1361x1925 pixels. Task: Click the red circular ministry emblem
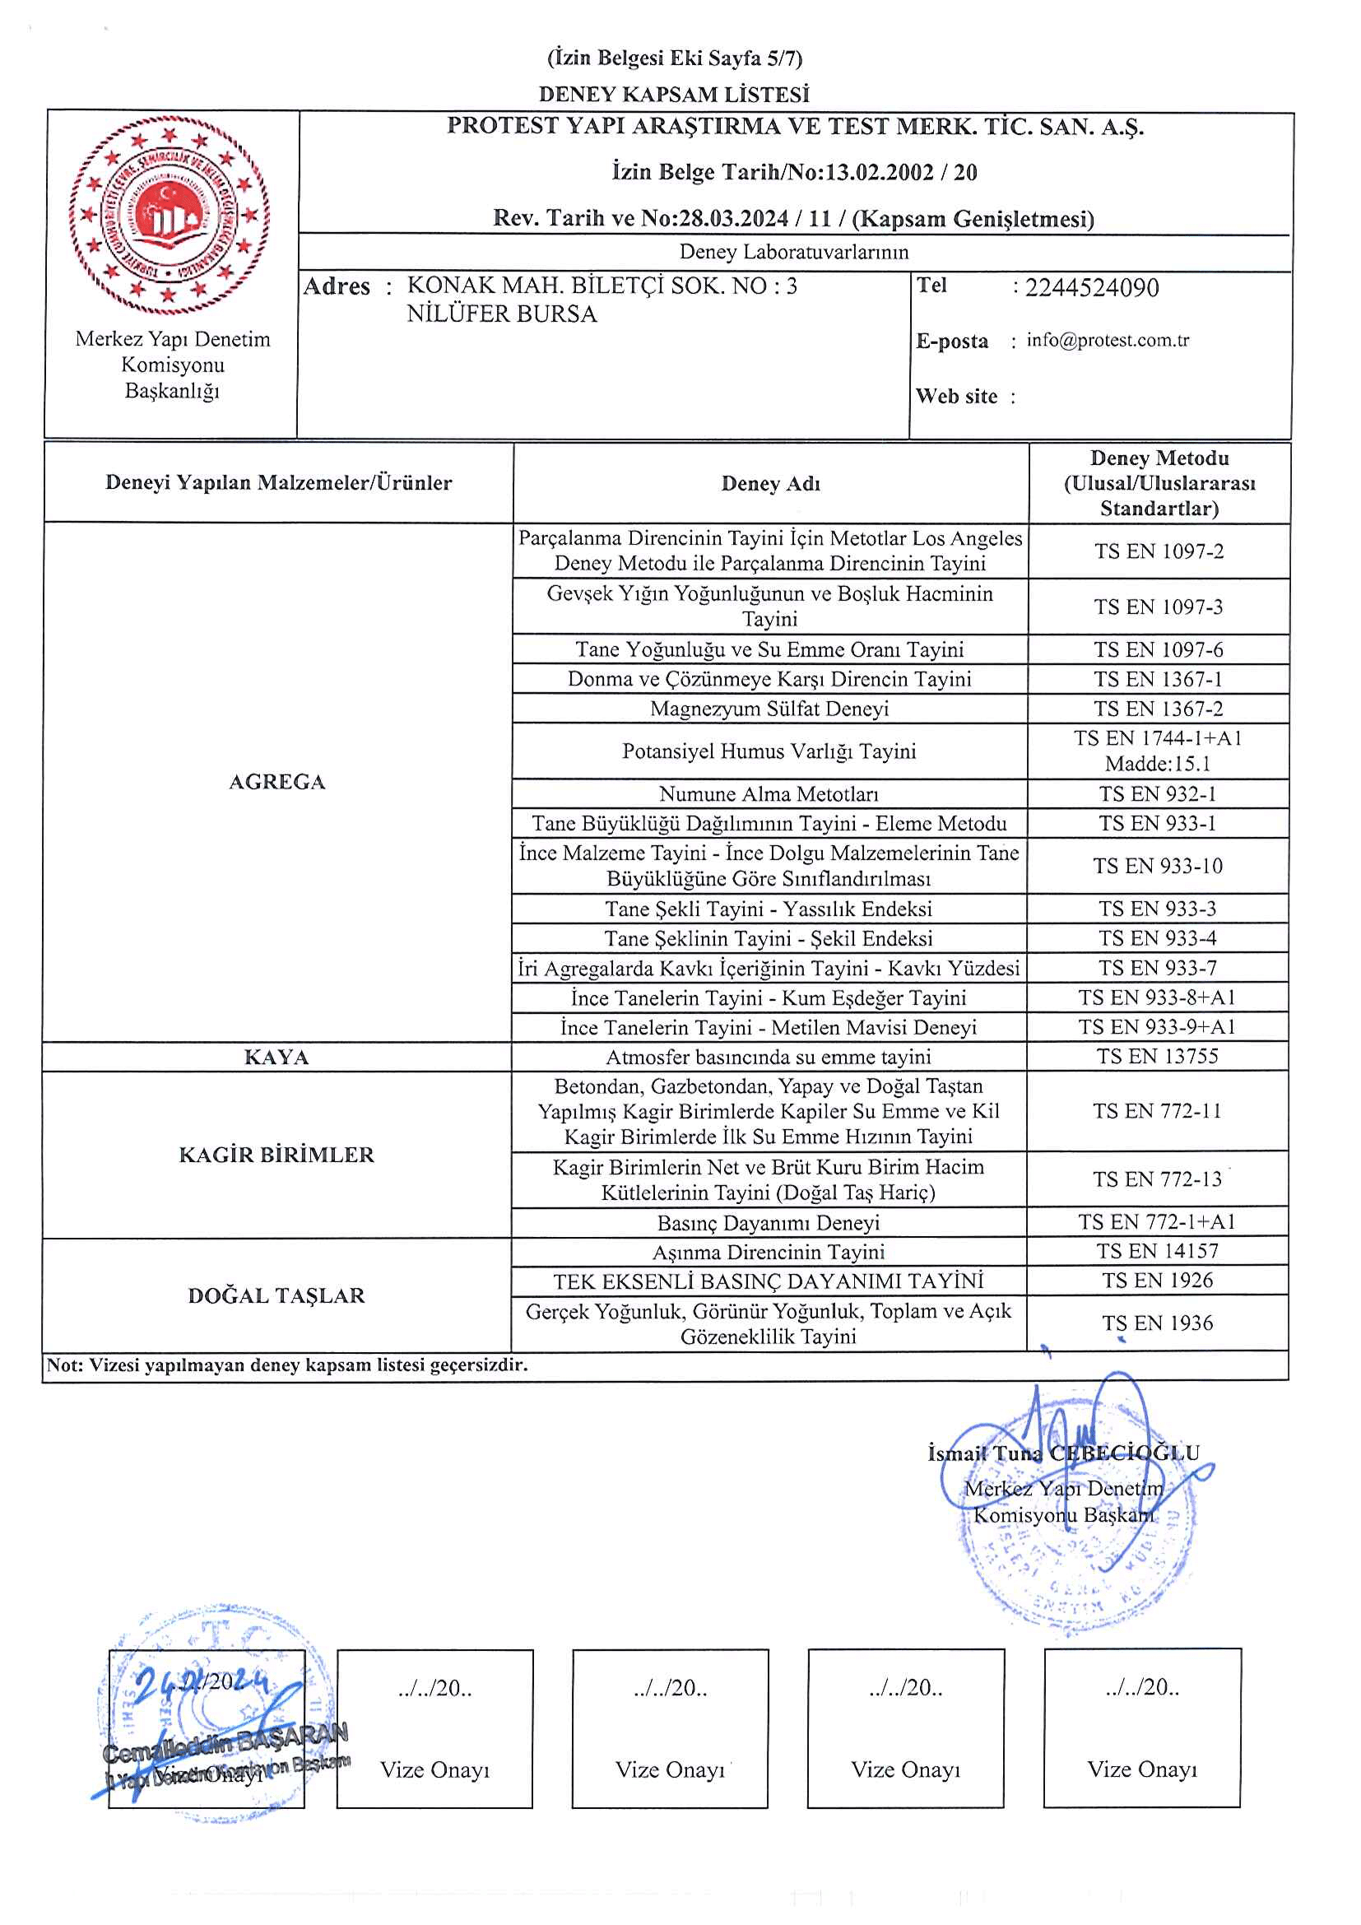click(x=170, y=216)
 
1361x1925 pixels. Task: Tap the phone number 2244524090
click(x=1091, y=287)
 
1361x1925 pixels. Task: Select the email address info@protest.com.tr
click(x=1107, y=340)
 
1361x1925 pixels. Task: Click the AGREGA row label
click(x=276, y=781)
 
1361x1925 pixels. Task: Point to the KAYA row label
click(x=276, y=1057)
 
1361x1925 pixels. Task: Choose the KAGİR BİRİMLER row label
click(x=276, y=1155)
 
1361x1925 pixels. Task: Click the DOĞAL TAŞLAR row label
click(x=276, y=1295)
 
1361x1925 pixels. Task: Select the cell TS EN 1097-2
click(x=1159, y=551)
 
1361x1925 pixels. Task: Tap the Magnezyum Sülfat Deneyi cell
click(x=769, y=709)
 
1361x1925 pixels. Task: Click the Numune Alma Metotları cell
click(x=769, y=793)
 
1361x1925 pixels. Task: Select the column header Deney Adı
click(x=770, y=483)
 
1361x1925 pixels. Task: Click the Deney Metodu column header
click(x=1159, y=483)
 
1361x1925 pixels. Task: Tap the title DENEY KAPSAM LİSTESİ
click(x=674, y=94)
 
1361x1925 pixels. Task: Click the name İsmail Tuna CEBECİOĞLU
click(x=1063, y=1453)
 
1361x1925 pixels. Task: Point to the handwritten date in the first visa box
click(x=201, y=1681)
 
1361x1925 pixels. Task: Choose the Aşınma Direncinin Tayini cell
click(x=769, y=1252)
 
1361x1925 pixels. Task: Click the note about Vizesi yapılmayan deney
click(x=287, y=1365)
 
